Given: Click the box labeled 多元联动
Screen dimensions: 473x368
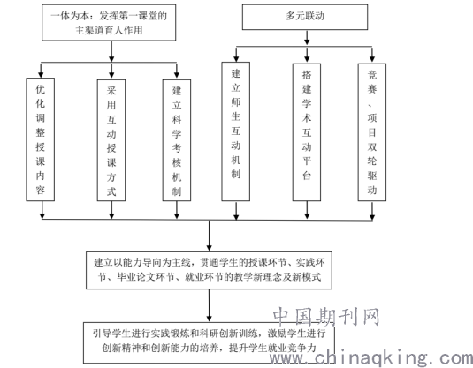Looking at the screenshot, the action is coord(305,17).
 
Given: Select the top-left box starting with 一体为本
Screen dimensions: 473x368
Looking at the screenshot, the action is coord(109,23).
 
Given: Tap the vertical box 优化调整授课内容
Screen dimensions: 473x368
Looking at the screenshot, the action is coord(40,139).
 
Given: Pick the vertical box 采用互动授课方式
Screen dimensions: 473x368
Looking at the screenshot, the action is coord(111,140).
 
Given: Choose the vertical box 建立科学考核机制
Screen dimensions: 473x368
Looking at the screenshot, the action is coord(177,140).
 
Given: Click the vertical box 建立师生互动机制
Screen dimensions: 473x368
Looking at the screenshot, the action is coord(235,131).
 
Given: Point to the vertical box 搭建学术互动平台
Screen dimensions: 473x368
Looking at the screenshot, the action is coord(307,131).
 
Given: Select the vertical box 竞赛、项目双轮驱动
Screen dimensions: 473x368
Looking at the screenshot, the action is coord(372,131).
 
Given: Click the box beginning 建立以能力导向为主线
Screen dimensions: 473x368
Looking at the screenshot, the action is coord(209,270).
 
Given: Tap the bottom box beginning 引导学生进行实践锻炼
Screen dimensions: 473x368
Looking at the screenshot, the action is coord(209,342).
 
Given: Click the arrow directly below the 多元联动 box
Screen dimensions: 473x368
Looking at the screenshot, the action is coord(307,38).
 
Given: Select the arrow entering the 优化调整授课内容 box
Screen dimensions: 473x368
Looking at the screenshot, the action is coord(41,71).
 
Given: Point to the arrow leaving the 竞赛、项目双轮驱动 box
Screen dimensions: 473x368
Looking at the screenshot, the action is coord(372,211).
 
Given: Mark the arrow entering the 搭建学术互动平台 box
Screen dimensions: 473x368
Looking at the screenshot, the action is coord(307,55).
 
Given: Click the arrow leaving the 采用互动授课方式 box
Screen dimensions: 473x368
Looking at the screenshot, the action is coord(111,210).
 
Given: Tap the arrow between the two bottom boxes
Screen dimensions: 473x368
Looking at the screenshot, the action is coord(209,305).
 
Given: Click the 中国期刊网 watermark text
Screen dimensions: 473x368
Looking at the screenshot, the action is coord(326,317).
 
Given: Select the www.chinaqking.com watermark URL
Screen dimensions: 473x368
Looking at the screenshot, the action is coord(371,358).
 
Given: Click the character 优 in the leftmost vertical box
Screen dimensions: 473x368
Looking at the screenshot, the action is coord(40,89).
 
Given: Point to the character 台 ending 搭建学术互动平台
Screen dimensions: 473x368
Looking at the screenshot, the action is coord(307,176).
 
